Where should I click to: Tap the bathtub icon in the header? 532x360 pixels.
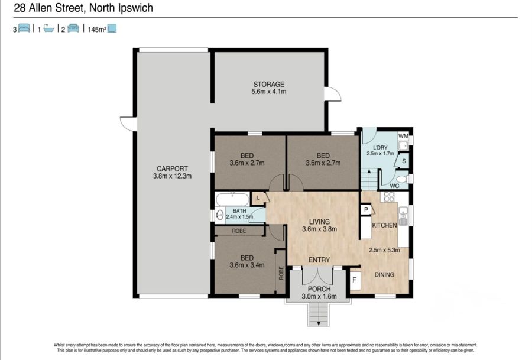click(x=49, y=28)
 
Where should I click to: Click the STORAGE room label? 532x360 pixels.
click(x=269, y=84)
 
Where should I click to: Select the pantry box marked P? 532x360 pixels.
click(x=366, y=210)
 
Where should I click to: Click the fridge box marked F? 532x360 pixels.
click(x=355, y=280)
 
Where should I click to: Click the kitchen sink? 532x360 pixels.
click(x=404, y=216)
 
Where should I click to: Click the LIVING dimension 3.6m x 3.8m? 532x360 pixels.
click(x=319, y=229)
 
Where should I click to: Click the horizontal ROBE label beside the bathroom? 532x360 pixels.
click(x=239, y=231)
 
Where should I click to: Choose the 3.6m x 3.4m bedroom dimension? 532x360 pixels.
click(x=246, y=265)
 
